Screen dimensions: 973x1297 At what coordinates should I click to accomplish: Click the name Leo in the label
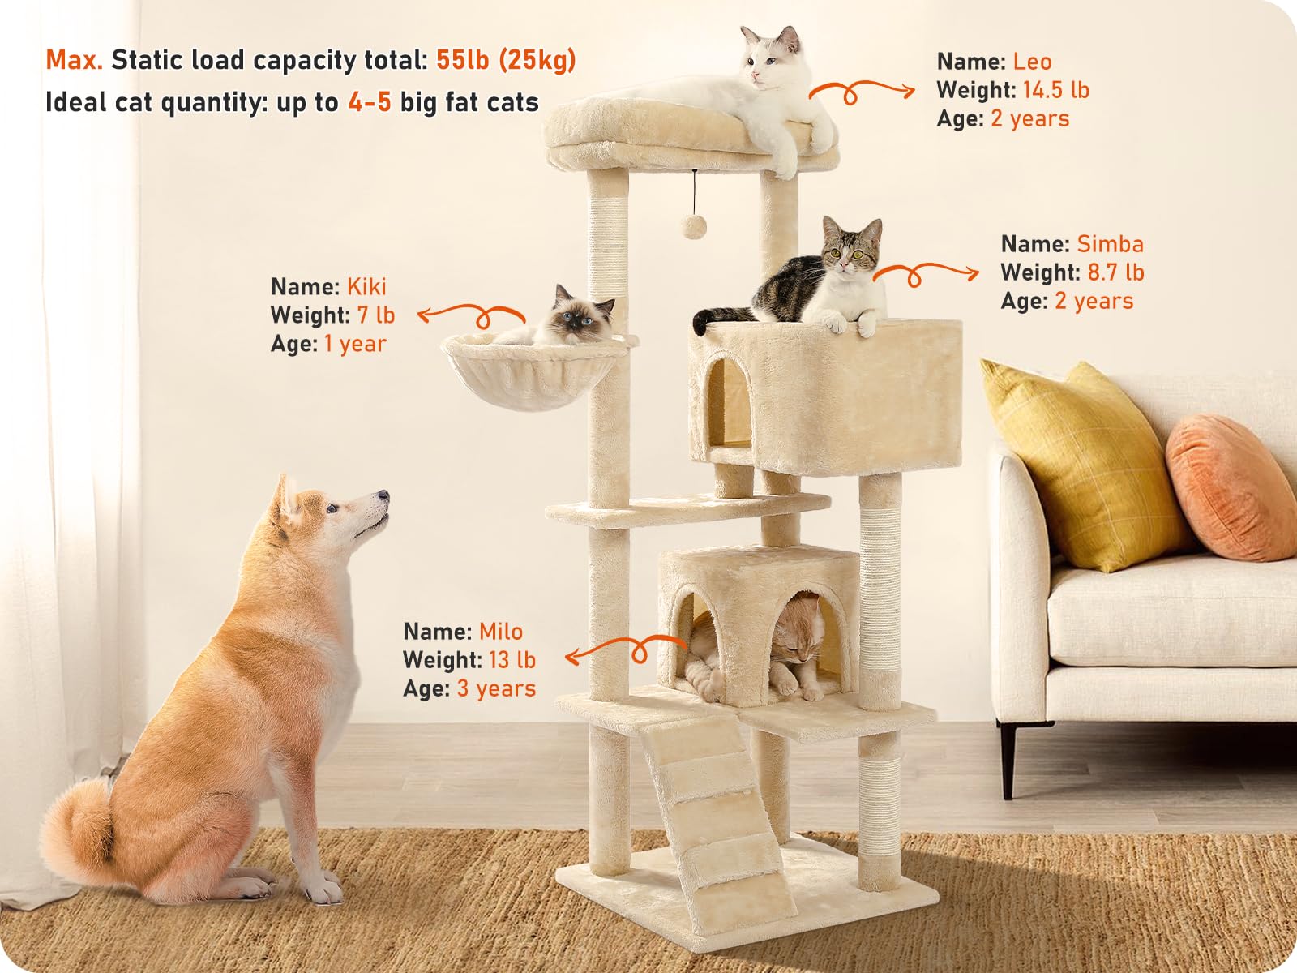(1032, 62)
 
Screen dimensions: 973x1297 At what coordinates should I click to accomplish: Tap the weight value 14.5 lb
(1055, 90)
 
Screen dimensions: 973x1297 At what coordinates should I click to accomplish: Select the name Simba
(1110, 244)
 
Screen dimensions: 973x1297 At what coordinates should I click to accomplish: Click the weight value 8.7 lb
(1115, 272)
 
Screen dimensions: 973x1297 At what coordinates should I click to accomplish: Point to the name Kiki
(366, 287)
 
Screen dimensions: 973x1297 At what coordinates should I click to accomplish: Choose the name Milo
(500, 632)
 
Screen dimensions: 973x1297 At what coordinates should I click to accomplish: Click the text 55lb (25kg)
(506, 60)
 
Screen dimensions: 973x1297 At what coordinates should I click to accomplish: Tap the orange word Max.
(74, 60)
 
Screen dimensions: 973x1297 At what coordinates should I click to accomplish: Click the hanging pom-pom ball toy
(692, 226)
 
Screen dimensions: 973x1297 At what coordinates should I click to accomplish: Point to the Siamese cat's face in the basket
(577, 313)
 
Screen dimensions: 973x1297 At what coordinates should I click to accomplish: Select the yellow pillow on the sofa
(1082, 462)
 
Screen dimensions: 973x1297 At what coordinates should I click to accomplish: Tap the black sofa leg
(1008, 758)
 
